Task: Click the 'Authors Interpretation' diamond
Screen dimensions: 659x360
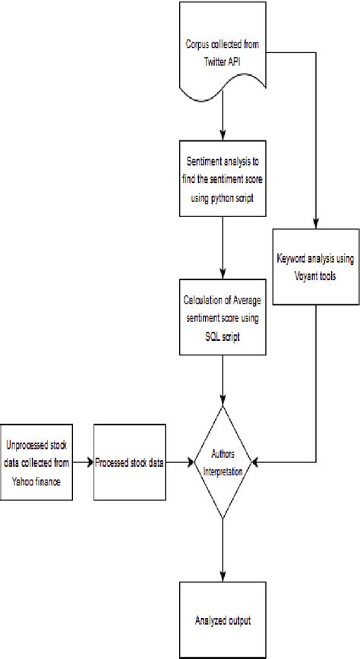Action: [223, 461]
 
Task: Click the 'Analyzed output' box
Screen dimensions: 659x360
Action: [222, 620]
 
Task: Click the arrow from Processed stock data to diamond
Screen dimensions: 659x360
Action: [179, 461]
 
